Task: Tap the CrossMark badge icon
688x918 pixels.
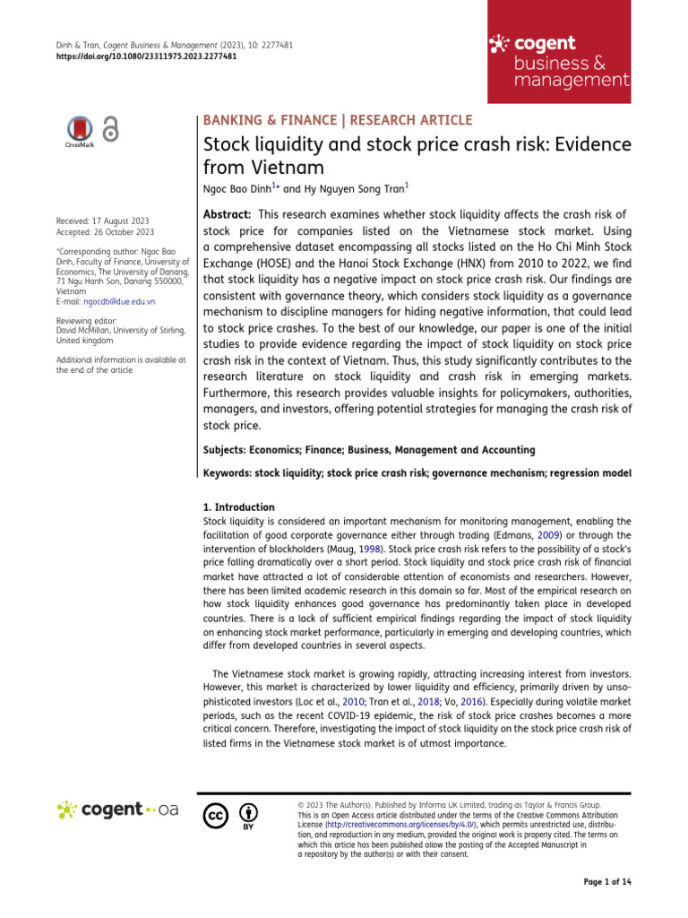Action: coord(80,130)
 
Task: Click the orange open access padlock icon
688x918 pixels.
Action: coord(111,130)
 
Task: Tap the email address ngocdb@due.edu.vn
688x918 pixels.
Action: coord(105,302)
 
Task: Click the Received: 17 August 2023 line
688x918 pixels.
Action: coord(102,221)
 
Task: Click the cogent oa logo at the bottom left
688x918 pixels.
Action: coord(117,810)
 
